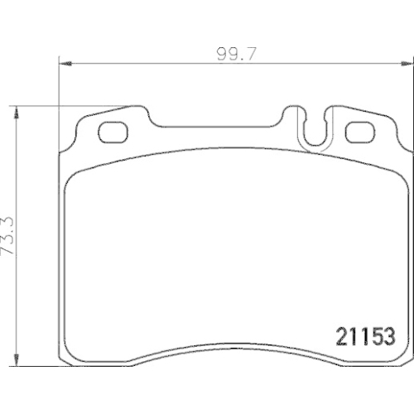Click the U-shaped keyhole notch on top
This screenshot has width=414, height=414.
click(x=315, y=129)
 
